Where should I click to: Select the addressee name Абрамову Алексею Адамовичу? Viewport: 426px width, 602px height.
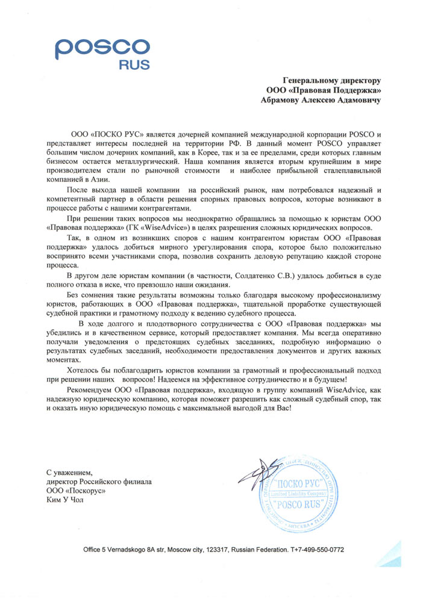coord(321,101)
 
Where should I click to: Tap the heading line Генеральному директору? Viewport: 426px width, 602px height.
coord(333,79)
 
